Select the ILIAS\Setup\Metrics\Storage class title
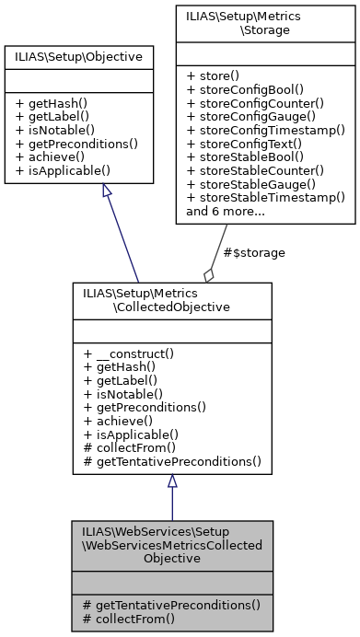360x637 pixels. (x=267, y=23)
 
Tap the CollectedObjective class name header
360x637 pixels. (x=171, y=299)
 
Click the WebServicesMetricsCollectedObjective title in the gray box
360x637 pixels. (x=171, y=545)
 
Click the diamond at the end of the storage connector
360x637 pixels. (x=210, y=273)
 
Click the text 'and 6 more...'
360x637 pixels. (x=226, y=211)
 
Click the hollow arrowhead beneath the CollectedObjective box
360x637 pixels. (x=171, y=481)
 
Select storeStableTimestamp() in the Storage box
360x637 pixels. (x=265, y=197)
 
